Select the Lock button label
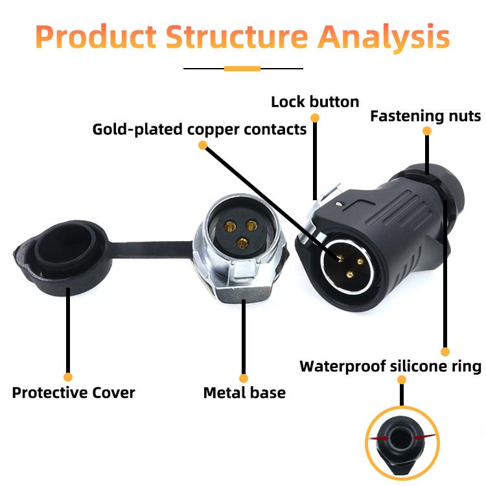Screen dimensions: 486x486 click(315, 102)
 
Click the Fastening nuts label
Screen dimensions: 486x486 click(426, 117)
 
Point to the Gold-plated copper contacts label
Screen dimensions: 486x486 click(200, 129)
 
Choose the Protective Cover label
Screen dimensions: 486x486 click(74, 393)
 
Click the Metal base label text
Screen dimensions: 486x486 click(244, 393)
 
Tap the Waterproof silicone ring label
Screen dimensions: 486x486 click(390, 367)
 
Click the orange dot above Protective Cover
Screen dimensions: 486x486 click(68, 376)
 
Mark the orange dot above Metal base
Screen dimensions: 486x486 click(244, 378)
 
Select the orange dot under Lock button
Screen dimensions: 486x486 click(316, 118)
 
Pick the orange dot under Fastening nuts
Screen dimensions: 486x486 click(427, 131)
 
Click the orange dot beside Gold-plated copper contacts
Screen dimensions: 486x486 click(203, 146)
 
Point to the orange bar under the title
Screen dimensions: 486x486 click(242, 68)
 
